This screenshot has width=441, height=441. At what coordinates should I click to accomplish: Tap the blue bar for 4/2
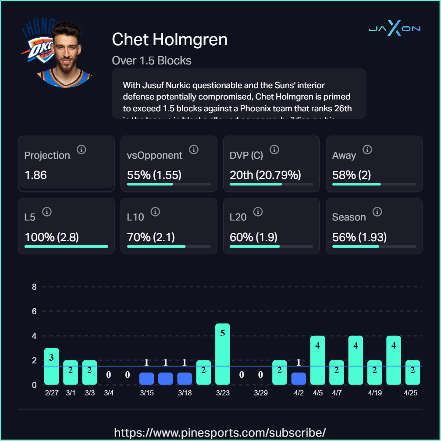(x=299, y=379)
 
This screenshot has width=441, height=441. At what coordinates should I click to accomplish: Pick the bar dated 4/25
(x=413, y=373)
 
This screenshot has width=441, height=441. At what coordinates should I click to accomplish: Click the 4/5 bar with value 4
(x=318, y=360)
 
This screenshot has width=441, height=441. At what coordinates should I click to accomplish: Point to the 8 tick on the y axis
(x=34, y=287)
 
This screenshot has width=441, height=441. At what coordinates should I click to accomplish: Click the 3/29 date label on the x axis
(x=261, y=393)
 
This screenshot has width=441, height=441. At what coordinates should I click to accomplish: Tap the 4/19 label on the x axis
(x=375, y=393)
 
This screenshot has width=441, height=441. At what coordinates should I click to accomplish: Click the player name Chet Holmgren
(x=170, y=39)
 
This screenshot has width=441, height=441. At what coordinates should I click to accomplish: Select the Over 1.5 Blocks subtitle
(x=152, y=60)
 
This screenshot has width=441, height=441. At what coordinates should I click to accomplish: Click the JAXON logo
(x=394, y=29)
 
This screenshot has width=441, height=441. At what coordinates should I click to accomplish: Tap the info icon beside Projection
(x=82, y=150)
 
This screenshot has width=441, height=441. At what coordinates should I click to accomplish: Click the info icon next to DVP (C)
(x=274, y=150)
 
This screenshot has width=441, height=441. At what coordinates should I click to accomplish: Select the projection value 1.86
(x=36, y=175)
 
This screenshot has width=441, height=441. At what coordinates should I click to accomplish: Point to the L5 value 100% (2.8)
(x=52, y=238)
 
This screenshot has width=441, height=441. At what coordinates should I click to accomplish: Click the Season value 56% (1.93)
(x=359, y=238)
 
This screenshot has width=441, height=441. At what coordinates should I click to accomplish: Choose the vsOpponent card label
(x=155, y=155)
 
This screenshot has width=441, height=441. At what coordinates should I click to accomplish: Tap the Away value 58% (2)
(x=352, y=175)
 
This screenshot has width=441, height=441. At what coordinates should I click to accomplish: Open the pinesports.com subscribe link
(x=220, y=433)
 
